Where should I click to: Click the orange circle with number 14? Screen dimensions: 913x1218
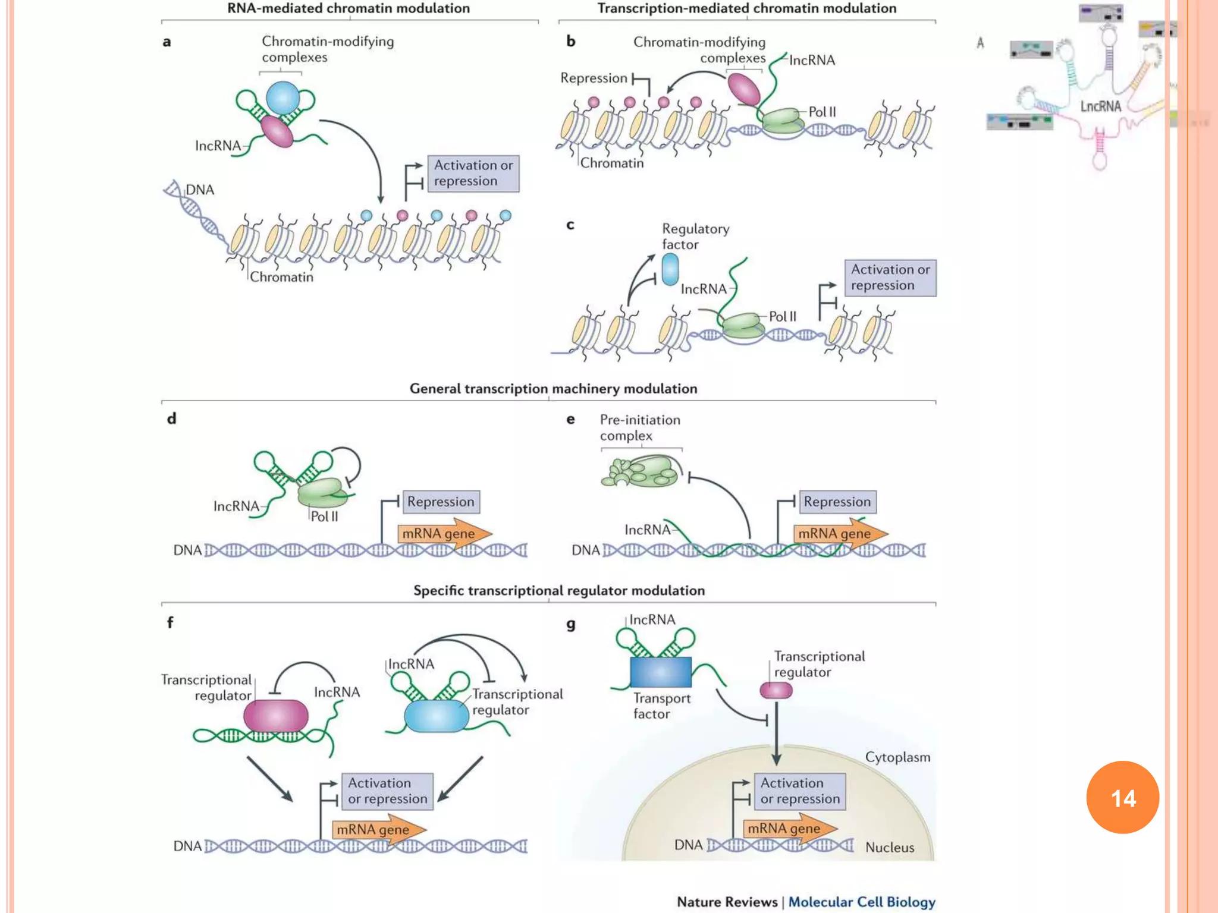pyautogui.click(x=1122, y=797)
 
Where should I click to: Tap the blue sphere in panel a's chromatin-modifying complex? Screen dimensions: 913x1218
pyautogui.click(x=282, y=98)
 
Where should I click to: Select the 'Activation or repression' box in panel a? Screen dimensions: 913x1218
pyautogui.click(x=473, y=173)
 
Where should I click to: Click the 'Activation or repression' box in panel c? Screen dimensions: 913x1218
pyautogui.click(x=890, y=278)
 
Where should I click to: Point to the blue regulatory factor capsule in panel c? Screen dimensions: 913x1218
pyautogui.click(x=670, y=269)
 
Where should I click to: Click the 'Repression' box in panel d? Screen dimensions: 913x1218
pyautogui.click(x=441, y=502)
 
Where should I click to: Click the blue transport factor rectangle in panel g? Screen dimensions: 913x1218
pyautogui.click(x=660, y=672)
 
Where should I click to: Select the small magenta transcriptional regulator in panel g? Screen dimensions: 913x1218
pyautogui.click(x=776, y=690)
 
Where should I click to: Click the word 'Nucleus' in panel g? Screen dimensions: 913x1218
pyautogui.click(x=889, y=847)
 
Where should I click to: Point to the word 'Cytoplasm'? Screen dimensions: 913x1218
pyautogui.click(x=897, y=757)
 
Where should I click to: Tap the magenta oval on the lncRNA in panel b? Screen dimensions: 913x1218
pyautogui.click(x=744, y=89)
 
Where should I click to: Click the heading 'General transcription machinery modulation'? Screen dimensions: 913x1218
pyautogui.click(x=553, y=389)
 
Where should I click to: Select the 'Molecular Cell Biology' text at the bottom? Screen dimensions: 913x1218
pyautogui.click(x=861, y=902)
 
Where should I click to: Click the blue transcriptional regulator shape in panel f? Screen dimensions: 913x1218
pyautogui.click(x=437, y=716)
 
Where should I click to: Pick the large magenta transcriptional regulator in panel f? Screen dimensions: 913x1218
pyautogui.click(x=276, y=715)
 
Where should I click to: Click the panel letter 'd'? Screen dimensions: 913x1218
pyautogui.click(x=171, y=418)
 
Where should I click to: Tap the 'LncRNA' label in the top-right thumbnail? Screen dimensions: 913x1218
pyautogui.click(x=1100, y=106)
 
